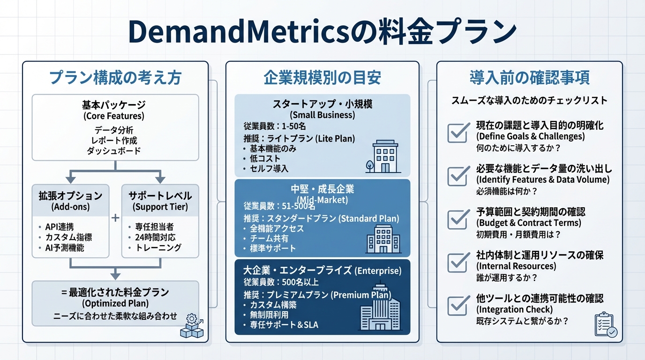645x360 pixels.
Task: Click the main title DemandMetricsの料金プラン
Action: (x=322, y=32)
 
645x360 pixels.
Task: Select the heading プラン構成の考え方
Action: (x=115, y=78)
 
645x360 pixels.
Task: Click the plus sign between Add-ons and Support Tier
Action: (x=116, y=218)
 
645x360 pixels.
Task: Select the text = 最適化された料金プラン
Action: (x=115, y=292)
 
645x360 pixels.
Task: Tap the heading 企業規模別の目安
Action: (x=322, y=78)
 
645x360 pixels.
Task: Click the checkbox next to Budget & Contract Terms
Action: (x=458, y=219)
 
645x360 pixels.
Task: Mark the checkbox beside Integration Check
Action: (x=458, y=305)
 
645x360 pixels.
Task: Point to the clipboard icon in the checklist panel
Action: (x=605, y=325)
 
